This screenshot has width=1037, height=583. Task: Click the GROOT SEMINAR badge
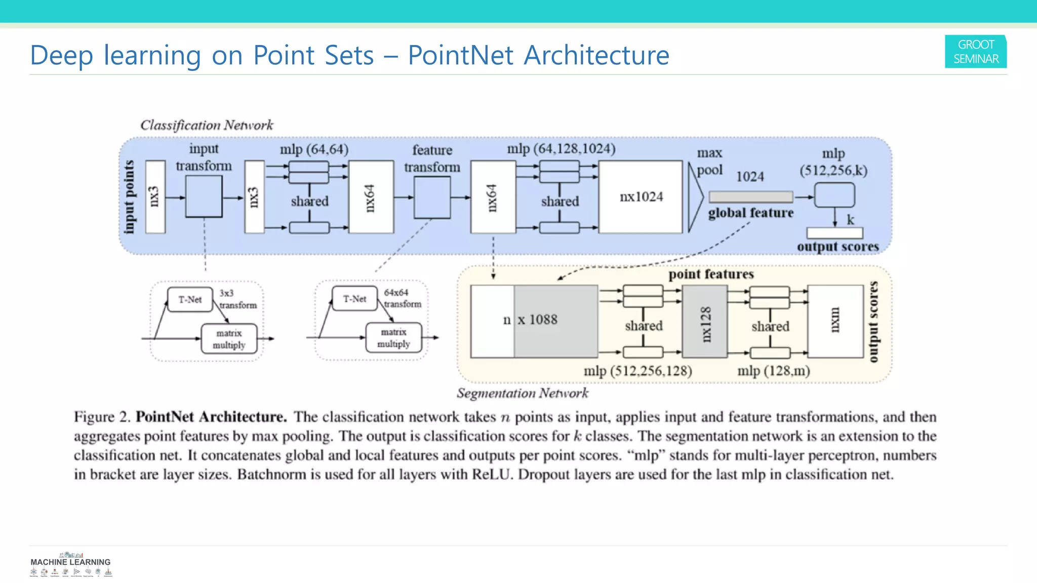pos(975,52)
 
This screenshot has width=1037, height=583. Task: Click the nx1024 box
pos(641,197)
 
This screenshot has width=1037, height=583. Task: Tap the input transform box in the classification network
pos(204,197)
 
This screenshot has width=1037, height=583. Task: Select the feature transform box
pos(432,198)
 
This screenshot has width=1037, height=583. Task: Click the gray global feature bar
pos(751,197)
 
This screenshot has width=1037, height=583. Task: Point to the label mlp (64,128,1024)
pos(561,149)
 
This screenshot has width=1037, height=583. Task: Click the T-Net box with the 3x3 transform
pos(190,300)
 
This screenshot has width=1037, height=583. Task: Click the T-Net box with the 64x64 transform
pos(354,299)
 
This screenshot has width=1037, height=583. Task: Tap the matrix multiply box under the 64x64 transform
pos(393,338)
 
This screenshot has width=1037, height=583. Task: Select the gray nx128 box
pos(705,322)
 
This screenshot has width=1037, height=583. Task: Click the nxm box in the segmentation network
pos(835,321)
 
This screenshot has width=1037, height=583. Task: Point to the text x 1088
pos(538,320)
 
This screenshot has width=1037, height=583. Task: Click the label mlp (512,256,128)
pos(637,371)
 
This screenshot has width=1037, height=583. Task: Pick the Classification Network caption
pos(207,125)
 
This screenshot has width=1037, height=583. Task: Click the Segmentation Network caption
pos(522,393)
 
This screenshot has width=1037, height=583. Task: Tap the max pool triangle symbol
pos(695,197)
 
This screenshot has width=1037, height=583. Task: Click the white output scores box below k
pos(834,233)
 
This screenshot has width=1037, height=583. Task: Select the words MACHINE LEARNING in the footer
pos(70,562)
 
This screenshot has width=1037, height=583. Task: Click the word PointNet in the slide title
pos(460,55)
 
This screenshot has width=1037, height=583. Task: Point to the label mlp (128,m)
pos(773,371)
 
